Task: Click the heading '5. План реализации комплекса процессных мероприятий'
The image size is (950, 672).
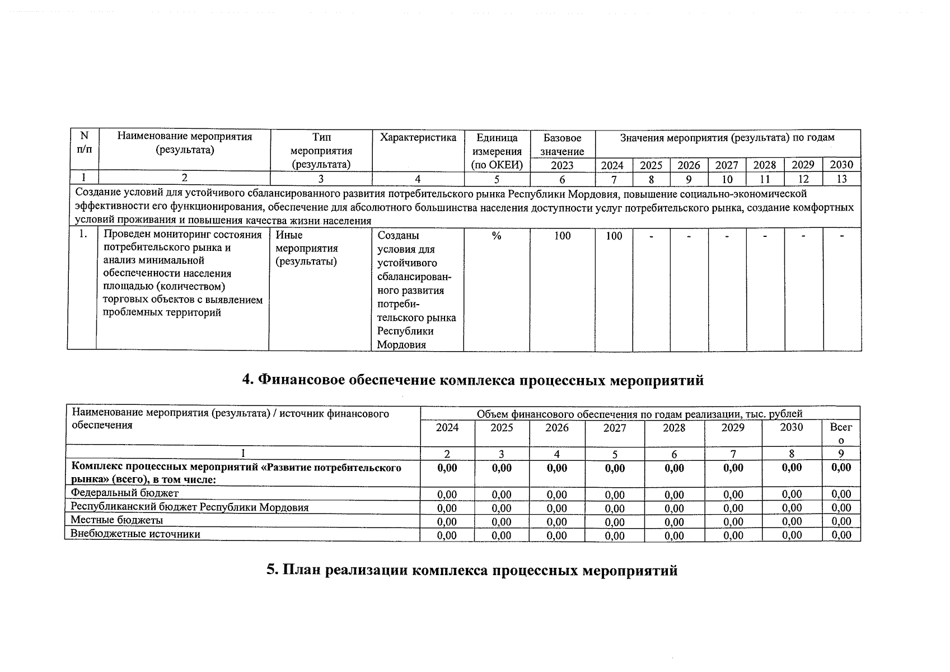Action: coord(472,570)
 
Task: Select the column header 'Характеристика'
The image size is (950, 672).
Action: coord(418,138)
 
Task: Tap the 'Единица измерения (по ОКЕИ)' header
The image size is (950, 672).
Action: coord(497,151)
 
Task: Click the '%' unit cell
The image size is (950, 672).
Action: coord(496,236)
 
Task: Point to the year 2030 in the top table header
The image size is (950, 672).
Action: coord(841,165)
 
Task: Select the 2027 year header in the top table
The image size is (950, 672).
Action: coord(727,165)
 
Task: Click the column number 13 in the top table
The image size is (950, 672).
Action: coord(841,179)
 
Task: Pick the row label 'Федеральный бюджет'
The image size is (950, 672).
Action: coord(124,493)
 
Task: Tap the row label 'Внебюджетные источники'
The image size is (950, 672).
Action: coord(135,534)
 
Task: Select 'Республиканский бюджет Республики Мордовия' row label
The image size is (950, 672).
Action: coord(189,507)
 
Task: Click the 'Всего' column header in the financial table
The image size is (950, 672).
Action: coord(841,433)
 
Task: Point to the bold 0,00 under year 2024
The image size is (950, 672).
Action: coord(447,468)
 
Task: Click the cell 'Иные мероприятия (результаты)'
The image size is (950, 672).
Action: coord(307,248)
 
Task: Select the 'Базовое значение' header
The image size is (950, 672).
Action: coord(562,144)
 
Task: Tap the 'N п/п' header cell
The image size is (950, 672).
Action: coord(84,143)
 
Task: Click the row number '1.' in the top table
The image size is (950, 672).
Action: coord(82,235)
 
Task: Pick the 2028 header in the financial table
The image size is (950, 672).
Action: coord(673,428)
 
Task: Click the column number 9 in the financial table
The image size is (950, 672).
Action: coord(841,454)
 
